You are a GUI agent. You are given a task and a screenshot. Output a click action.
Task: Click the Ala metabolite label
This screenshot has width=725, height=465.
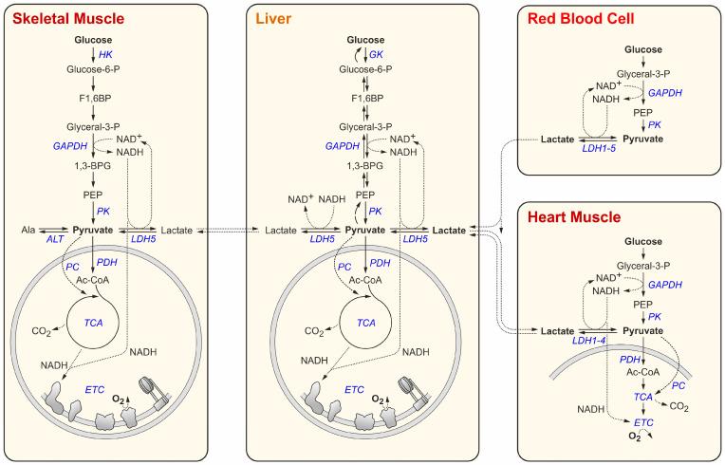click(29, 230)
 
